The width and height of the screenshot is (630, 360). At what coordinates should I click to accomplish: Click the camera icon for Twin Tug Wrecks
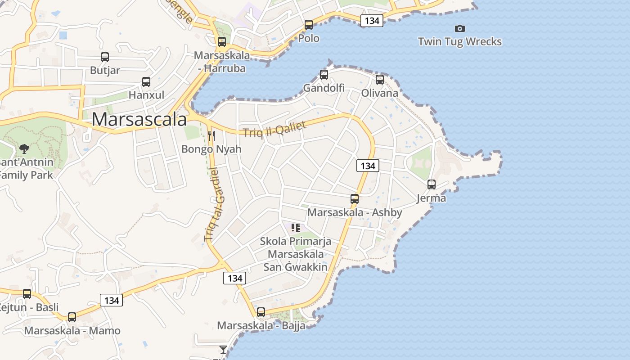tap(459, 28)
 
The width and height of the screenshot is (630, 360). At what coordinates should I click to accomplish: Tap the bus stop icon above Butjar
tap(105, 57)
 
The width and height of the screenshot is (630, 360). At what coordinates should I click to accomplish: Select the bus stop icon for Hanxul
tap(146, 82)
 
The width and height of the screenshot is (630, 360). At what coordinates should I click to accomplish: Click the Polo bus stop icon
tap(309, 25)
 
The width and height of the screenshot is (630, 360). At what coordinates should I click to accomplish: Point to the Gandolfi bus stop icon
tap(324, 75)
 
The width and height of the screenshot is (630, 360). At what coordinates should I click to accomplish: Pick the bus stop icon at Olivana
tap(380, 80)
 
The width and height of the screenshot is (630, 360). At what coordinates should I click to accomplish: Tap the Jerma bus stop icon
tap(432, 184)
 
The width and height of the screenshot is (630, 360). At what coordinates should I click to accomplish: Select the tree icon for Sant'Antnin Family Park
tap(24, 148)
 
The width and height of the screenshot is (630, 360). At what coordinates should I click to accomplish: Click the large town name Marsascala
tap(139, 119)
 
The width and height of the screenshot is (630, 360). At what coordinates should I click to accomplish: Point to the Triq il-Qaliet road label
tap(274, 129)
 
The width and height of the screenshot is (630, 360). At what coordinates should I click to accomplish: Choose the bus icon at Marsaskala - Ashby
tap(355, 199)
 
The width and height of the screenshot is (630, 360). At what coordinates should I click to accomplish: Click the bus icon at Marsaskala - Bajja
tap(261, 312)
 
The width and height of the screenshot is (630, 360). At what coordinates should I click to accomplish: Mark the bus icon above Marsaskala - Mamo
tap(72, 317)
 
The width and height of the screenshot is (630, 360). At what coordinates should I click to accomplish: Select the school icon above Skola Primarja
tap(296, 228)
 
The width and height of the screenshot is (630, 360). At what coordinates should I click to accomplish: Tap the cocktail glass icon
tap(223, 349)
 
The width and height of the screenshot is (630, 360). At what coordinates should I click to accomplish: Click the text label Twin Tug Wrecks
tap(459, 42)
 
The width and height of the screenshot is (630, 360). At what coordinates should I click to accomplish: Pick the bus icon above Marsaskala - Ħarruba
tap(222, 42)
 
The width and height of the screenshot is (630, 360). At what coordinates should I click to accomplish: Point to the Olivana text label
tap(380, 93)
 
